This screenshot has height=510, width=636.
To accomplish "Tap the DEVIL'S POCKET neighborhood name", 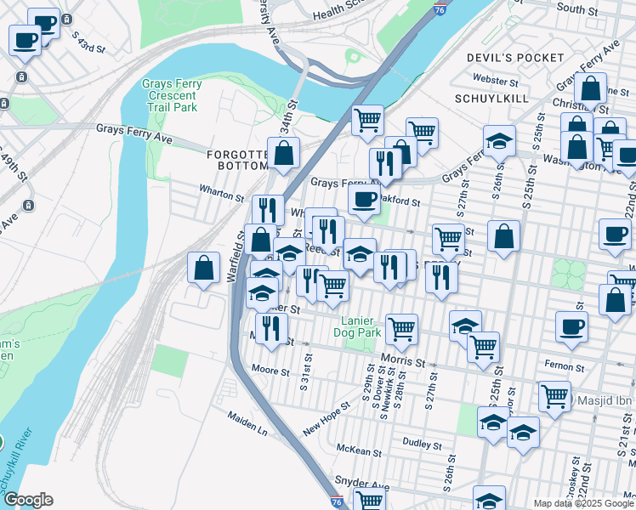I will coord(515,58).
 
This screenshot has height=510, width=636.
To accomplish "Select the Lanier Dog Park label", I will coord(361,327).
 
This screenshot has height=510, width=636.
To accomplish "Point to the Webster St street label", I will coord(495,82).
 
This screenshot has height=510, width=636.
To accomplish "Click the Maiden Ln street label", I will coord(247,424).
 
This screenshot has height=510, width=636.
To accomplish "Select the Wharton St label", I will coord(221,194).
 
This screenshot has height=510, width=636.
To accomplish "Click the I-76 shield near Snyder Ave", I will coord(338,502).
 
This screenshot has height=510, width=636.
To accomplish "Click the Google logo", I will coord(28,500).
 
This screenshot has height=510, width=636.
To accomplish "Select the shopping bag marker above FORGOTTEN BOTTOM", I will coord(284,153).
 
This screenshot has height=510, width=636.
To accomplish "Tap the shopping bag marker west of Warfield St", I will coord(204,269).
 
